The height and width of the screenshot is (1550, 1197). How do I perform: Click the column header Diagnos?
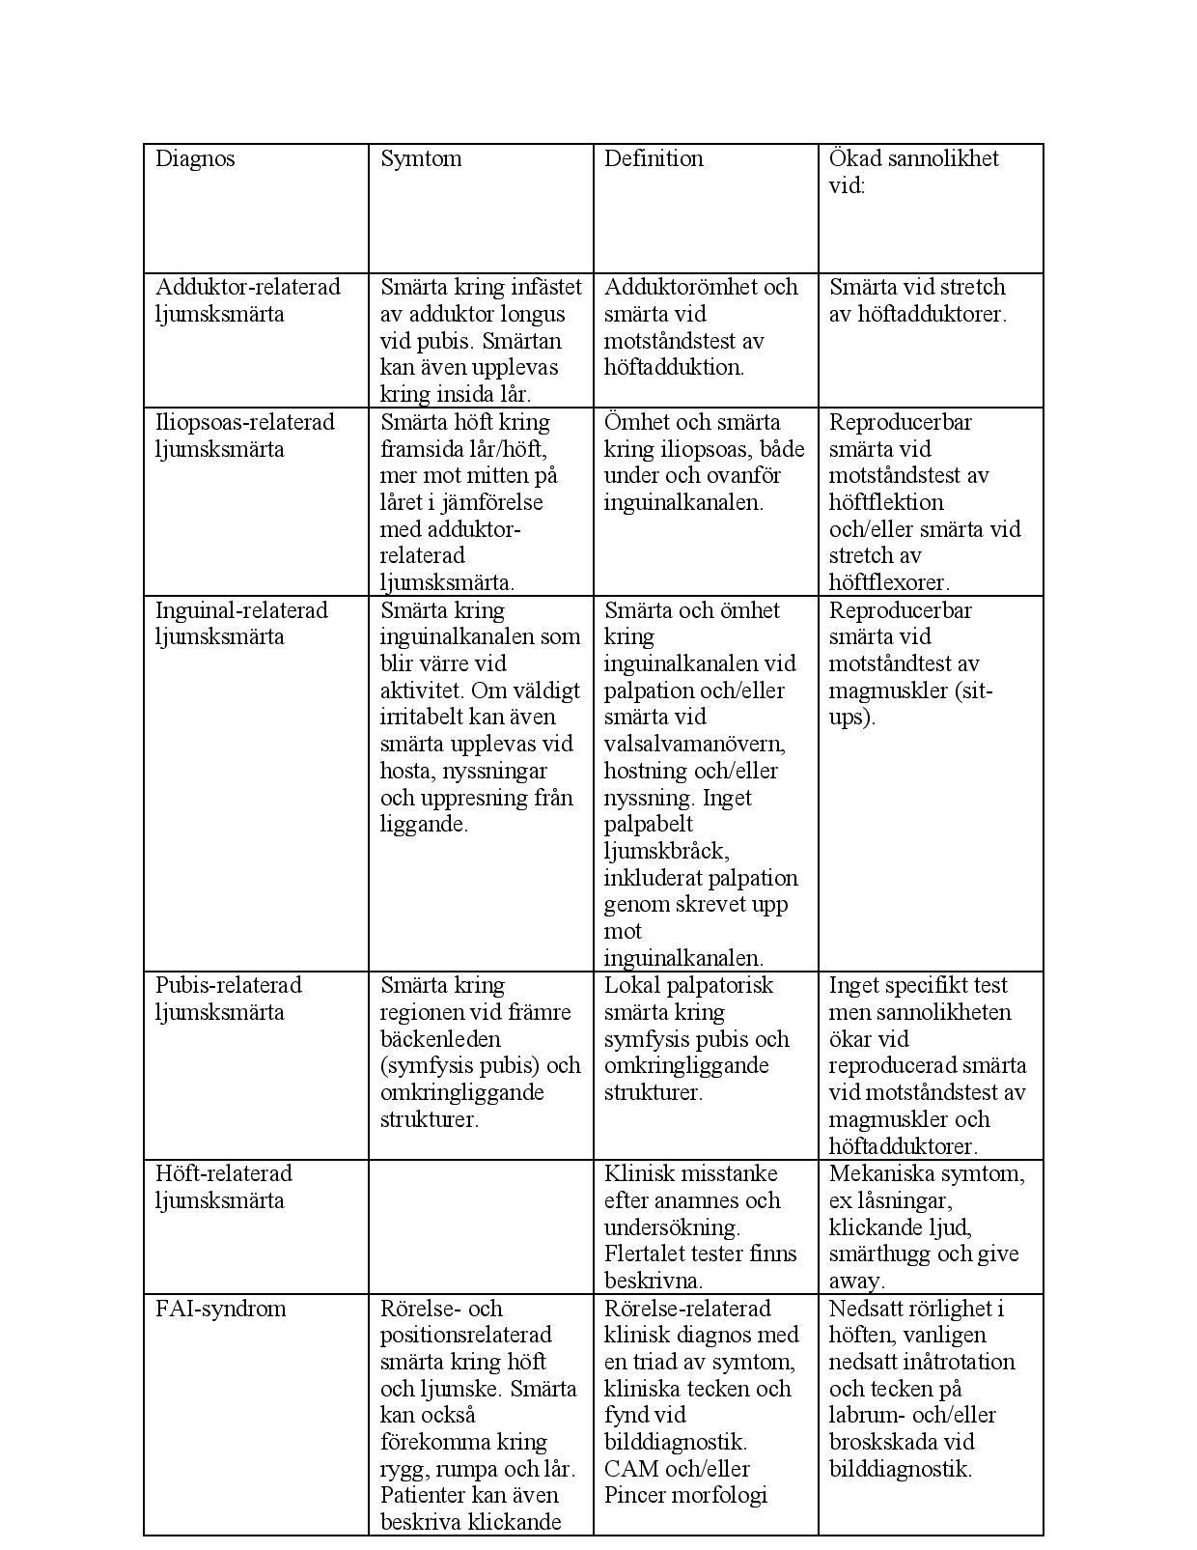pos(195,159)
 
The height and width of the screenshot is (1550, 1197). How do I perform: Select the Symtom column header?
pos(421,159)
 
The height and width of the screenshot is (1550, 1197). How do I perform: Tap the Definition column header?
pos(654,159)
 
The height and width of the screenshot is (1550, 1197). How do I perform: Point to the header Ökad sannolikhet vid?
pos(913,172)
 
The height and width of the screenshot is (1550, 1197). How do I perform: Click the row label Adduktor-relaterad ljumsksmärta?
pos(247,300)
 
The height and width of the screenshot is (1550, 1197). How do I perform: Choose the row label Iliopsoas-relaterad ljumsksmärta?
pos(244,436)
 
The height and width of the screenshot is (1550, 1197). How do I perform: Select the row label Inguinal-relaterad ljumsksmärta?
pos(241,623)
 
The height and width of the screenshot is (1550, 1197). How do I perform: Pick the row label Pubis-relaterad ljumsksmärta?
pos(228,999)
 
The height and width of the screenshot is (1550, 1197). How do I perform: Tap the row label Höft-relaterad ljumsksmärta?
pos(223,1187)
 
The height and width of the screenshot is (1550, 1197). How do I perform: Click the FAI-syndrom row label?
pos(221,1309)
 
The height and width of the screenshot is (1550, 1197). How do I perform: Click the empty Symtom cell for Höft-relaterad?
pos(480,1226)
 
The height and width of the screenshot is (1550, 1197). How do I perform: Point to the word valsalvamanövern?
pos(694,745)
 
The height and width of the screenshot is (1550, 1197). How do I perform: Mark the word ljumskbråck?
pos(665,852)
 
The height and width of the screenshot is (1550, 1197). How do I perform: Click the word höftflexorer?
pos(889,582)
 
